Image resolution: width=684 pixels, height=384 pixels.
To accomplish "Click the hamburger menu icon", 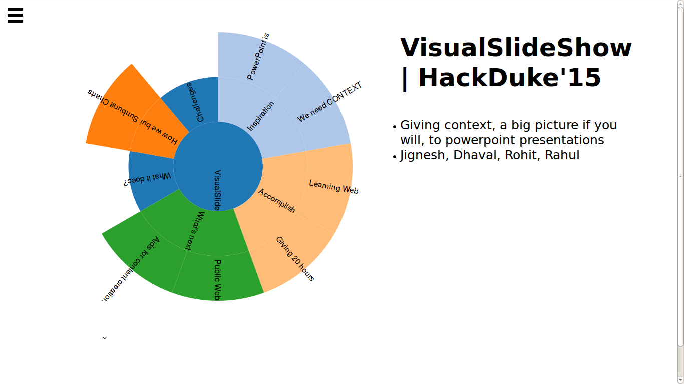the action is click(15, 15).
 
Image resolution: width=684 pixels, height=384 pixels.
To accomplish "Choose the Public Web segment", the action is click(218, 277).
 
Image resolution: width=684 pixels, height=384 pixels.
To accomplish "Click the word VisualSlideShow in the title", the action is click(516, 48).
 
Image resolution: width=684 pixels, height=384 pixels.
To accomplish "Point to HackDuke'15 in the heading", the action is click(509, 78).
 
